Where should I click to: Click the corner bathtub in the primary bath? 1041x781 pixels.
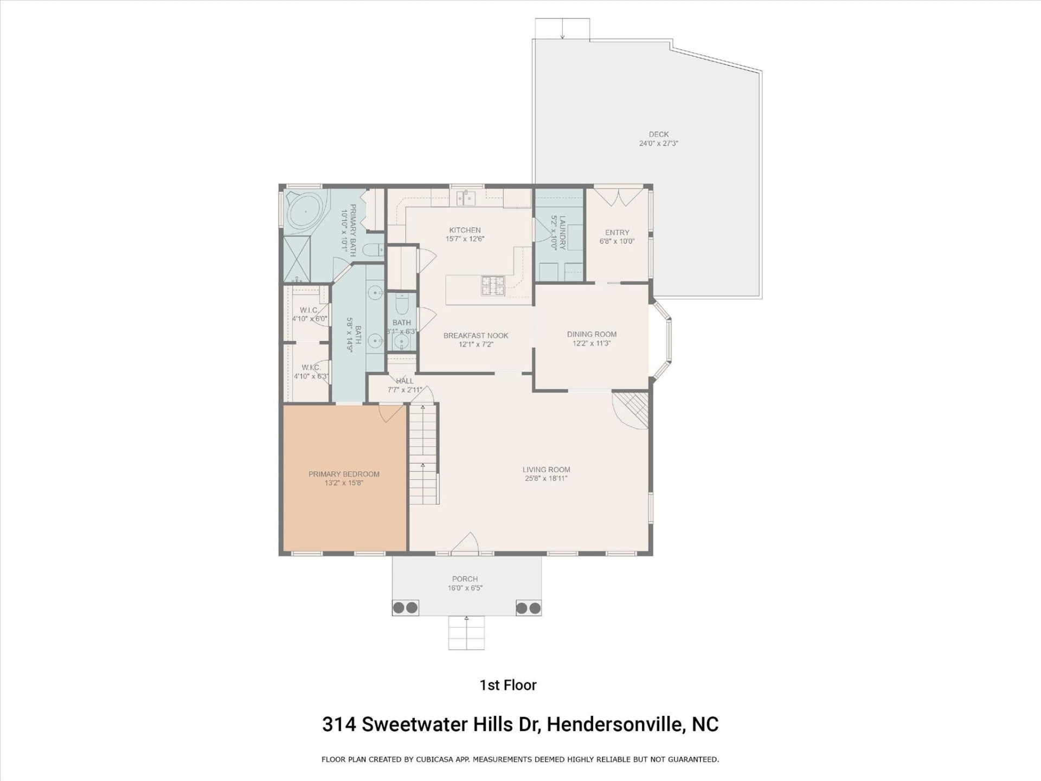click(x=304, y=211)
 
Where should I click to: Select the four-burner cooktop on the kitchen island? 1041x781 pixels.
click(x=493, y=286)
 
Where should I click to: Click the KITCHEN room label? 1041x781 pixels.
click(x=465, y=230)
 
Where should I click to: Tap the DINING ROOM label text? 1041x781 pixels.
click(x=592, y=334)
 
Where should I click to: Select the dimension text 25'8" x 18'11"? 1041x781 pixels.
click(x=546, y=478)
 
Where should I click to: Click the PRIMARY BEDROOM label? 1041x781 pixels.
click(x=344, y=474)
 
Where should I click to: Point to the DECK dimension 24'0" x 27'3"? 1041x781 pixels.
click(x=658, y=144)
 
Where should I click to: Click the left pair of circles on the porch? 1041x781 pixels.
click(x=406, y=607)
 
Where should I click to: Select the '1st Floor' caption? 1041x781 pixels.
click(x=508, y=685)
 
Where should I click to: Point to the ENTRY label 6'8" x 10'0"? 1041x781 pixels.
click(x=617, y=236)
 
